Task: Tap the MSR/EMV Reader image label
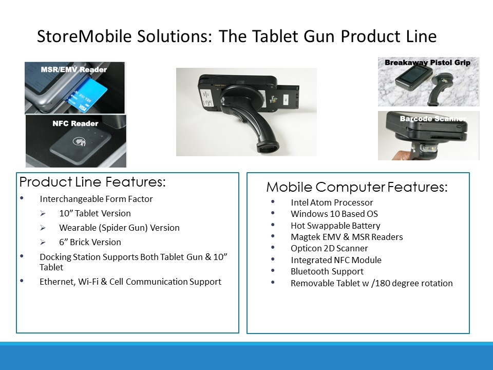(x=74, y=69)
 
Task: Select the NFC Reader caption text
(x=75, y=123)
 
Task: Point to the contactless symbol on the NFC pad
(x=80, y=142)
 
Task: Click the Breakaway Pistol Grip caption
(x=428, y=62)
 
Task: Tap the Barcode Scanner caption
(x=432, y=119)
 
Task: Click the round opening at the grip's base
(x=268, y=146)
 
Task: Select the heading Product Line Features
(x=92, y=182)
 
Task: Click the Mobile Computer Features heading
(x=357, y=187)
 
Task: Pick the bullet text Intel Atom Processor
(x=332, y=202)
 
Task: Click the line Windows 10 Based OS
(x=334, y=214)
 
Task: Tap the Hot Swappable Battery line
(x=335, y=226)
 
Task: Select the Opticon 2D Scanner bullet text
(x=329, y=248)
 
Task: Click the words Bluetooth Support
(x=327, y=271)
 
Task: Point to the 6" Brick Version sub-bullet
(x=90, y=242)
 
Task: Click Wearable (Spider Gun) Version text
(x=119, y=228)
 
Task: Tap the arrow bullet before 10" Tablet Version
(x=43, y=214)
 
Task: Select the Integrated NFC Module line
(x=336, y=260)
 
